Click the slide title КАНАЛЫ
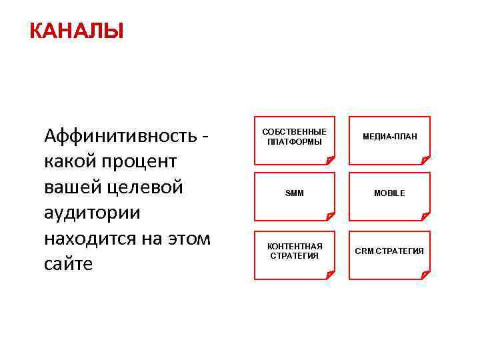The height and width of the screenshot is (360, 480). tap(76, 31)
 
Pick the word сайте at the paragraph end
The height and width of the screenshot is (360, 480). tap(69, 263)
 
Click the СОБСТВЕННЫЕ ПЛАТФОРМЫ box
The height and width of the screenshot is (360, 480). tap(294, 137)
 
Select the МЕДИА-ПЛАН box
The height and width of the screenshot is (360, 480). tap(389, 137)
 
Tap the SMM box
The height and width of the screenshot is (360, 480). tap(294, 193)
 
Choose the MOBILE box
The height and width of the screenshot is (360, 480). tap(389, 193)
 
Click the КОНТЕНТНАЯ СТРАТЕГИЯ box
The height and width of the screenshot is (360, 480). tap(294, 251)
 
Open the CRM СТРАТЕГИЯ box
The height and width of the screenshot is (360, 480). tap(389, 251)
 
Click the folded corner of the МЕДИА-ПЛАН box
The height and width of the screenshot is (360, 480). tap(425, 159)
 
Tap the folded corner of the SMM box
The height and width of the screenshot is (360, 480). tap(330, 216)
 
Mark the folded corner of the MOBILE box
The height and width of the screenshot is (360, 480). tap(425, 216)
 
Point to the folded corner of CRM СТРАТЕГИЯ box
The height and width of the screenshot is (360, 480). tap(425, 275)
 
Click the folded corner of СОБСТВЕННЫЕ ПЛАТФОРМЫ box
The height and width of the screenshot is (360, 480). tap(330, 159)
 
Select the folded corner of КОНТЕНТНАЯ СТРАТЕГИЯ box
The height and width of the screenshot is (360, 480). tap(330, 275)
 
